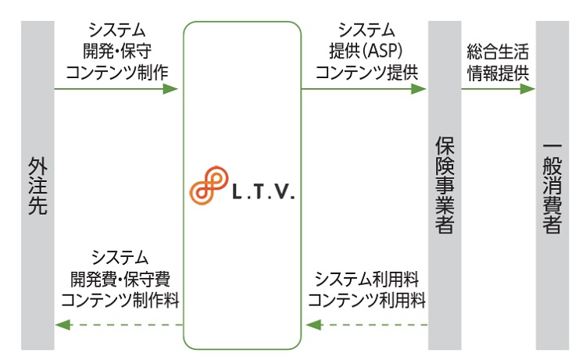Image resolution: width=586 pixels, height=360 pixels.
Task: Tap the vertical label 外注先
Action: coord(38,188)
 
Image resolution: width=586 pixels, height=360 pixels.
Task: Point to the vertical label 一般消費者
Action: coord(552,187)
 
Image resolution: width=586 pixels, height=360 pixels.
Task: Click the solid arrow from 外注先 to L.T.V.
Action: coord(117,89)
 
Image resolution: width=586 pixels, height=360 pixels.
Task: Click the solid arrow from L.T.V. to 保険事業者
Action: coord(363,89)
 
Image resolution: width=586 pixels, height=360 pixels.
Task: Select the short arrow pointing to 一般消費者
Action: coord(498,89)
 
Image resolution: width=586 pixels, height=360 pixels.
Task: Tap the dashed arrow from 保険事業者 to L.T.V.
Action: coord(366,324)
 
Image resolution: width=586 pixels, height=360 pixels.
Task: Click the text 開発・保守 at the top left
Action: coord(116,52)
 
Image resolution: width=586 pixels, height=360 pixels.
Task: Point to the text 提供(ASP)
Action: coord(363,52)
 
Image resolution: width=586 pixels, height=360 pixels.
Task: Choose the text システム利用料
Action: coord(366,279)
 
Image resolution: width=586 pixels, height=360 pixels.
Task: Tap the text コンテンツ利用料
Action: coord(366,299)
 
